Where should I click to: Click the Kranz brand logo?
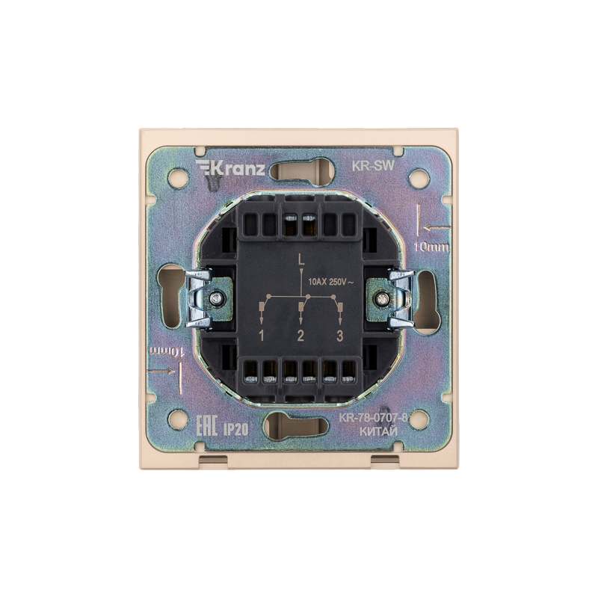[230, 168]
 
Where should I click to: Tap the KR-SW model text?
[372, 166]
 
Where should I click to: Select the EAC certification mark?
[206, 426]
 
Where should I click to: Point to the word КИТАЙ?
[379, 431]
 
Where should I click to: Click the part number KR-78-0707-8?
[373, 418]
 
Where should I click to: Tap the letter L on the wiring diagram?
[301, 260]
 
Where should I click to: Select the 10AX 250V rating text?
[331, 283]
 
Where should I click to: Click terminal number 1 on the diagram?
[262, 336]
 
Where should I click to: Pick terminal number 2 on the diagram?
[300, 336]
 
